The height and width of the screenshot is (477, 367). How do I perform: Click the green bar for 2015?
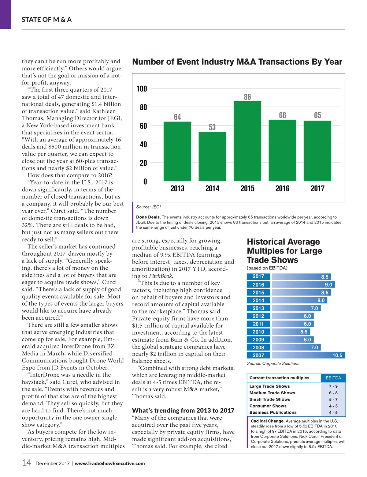pos(247,141)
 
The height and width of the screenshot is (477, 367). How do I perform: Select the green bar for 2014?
pos(212,156)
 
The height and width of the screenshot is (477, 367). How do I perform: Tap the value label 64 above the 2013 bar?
pos(177,117)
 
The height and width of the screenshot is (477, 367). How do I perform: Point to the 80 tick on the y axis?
pos(143,107)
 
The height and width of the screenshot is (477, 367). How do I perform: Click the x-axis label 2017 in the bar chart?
pos(317,189)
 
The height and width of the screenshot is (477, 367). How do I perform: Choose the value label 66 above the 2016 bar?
pos(282,115)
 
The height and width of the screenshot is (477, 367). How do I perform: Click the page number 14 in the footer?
pos(27,463)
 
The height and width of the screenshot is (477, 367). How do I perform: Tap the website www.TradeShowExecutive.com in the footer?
pos(109,464)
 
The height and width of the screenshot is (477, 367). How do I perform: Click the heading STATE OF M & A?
pos(46,20)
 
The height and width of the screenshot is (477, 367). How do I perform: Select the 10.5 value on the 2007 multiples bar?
pos(337,355)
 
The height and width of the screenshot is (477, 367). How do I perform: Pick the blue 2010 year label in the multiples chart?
pos(258,332)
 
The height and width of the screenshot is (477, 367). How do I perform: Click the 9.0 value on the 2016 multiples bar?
pos(328,285)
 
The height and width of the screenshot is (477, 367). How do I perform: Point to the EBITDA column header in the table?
pos(333,378)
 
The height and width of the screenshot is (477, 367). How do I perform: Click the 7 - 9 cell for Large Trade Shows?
pos(333,386)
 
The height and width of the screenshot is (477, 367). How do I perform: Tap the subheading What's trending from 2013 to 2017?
pos(183,411)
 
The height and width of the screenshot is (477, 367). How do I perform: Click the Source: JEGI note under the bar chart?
pos(148,207)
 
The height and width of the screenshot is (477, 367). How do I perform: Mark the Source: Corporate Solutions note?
pos(273,364)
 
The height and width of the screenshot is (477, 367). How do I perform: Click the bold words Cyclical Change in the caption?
pos(268,421)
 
